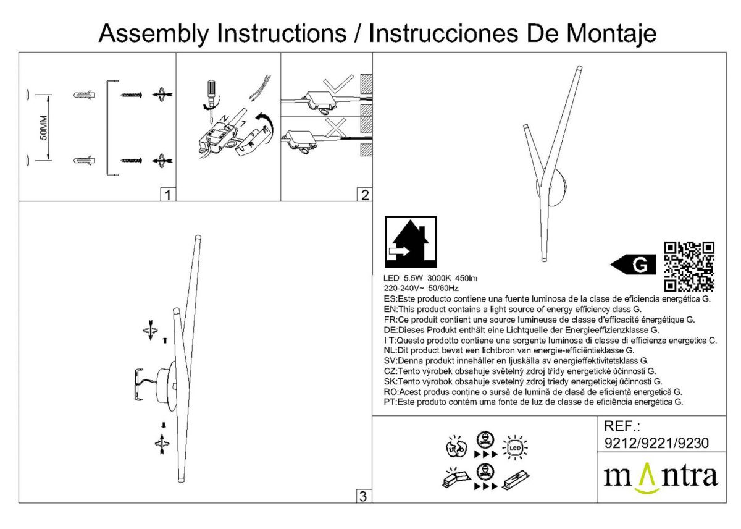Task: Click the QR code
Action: click(x=689, y=266)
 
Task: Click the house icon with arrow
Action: click(x=410, y=242)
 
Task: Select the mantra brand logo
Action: click(x=660, y=477)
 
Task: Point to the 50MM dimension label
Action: click(x=43, y=127)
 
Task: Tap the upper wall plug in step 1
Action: click(x=83, y=95)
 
